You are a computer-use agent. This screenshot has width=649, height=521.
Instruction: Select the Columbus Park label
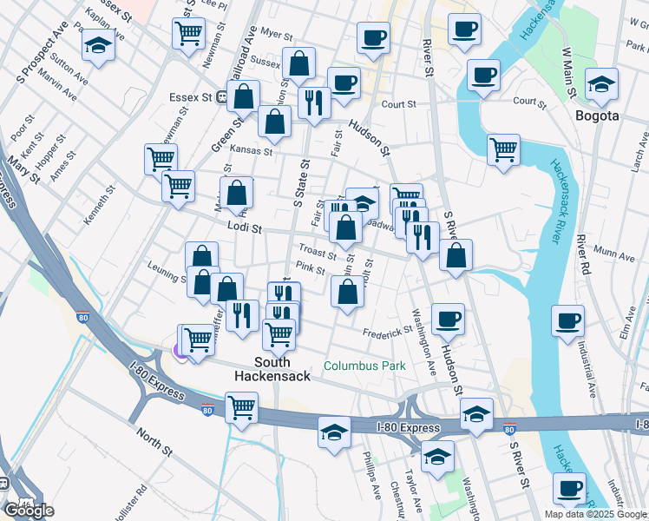point(364,366)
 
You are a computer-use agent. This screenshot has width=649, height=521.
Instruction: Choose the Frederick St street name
point(388,332)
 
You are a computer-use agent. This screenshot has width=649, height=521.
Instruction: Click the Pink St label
point(310,268)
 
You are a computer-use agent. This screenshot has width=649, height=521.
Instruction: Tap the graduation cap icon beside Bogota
point(601,84)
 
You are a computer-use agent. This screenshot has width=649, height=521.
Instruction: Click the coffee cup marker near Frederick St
point(448,320)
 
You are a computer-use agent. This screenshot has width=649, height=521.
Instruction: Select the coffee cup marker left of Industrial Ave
point(567,320)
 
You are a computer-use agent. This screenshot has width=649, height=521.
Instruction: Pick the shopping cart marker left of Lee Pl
point(188,34)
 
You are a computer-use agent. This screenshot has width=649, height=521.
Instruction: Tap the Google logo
point(29,511)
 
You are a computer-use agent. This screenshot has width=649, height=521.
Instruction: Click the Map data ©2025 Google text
point(594,514)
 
